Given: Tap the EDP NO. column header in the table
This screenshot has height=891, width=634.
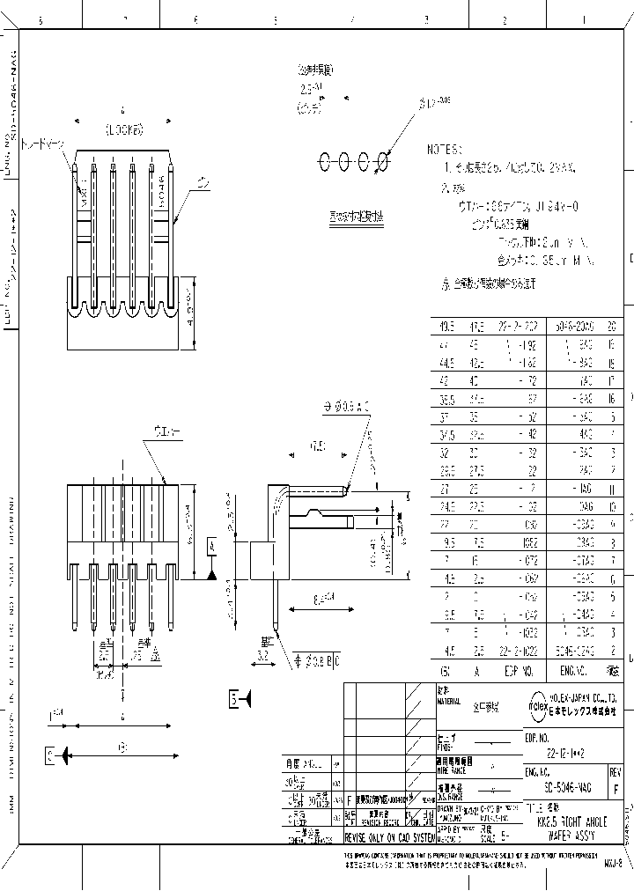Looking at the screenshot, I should [x=520, y=671].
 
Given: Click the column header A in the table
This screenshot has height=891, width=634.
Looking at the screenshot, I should [x=476, y=671].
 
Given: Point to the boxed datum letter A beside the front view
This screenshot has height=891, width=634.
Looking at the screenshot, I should [x=212, y=547].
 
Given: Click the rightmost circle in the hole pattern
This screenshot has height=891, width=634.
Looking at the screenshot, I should [x=383, y=161].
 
